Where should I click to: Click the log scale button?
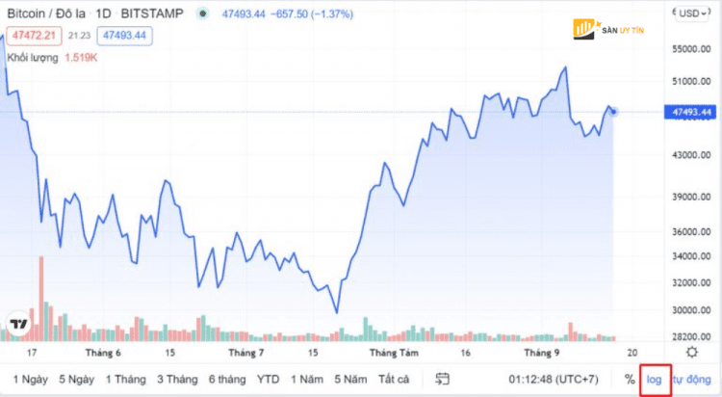(655, 379)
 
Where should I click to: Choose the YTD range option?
(268, 379)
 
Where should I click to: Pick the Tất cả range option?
(394, 379)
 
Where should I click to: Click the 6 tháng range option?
(227, 379)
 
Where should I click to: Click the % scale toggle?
(630, 379)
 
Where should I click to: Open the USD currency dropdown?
(690, 13)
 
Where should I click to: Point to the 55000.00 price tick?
(692, 48)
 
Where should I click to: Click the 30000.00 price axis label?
(692, 310)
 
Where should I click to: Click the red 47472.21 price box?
(30, 35)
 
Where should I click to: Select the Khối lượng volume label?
(34, 58)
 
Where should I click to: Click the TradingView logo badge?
(17, 324)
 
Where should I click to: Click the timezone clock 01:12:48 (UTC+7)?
(552, 379)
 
